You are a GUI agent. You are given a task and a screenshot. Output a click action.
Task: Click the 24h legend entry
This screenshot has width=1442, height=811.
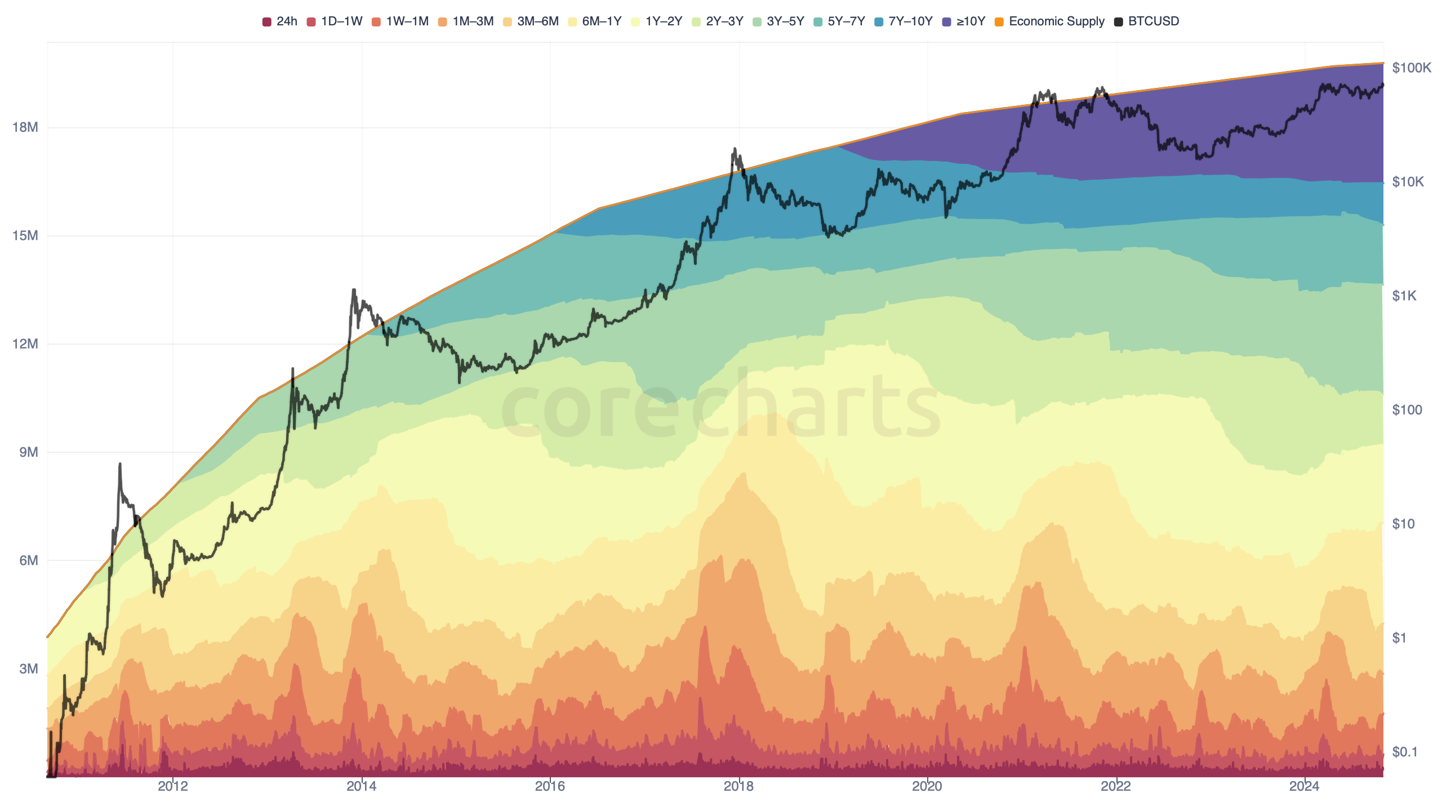pos(280,21)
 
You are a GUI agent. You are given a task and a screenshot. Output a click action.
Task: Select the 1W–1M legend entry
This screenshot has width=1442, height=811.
pos(400,21)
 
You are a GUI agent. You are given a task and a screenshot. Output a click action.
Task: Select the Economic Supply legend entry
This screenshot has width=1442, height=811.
pos(1050,21)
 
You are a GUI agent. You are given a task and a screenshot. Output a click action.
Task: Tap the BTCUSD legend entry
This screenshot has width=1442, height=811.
pos(1147,21)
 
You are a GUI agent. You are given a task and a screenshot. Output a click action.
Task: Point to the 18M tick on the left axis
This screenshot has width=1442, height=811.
pos(25,127)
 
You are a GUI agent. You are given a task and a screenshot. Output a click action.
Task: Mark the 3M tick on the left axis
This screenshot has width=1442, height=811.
pos(29,669)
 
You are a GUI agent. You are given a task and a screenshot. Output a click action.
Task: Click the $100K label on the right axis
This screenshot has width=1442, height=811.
pos(1412,68)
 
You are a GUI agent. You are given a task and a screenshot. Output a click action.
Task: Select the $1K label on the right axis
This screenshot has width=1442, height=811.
pos(1404,296)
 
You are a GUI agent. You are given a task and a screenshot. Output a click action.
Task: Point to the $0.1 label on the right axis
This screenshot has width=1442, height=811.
pos(1404,752)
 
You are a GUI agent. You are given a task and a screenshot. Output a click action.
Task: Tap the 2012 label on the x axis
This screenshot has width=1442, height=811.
pos(173,786)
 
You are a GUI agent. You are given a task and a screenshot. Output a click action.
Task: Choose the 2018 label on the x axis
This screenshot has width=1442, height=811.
pos(738,786)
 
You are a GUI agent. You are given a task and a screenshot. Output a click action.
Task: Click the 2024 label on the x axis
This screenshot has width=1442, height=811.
pos(1305,786)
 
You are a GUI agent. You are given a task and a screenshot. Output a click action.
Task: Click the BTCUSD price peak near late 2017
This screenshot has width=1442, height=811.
pos(735,149)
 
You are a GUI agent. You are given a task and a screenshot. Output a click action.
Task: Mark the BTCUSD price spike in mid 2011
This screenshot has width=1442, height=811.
pos(120,464)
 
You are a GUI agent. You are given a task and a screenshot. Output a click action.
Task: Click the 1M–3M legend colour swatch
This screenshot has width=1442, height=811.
pos(443,22)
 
